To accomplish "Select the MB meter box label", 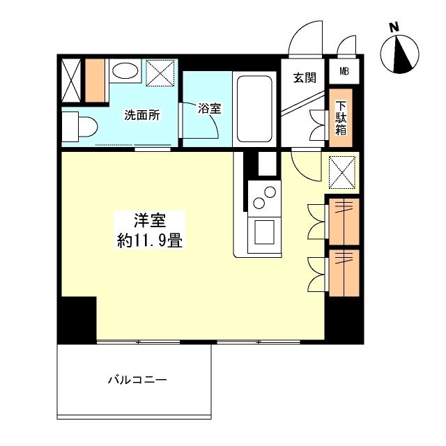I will tap(344, 71).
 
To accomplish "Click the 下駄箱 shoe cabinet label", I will tap(341, 119).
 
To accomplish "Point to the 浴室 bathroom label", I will tap(209, 108).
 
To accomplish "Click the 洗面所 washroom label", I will tap(142, 116).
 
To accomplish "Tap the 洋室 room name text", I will tap(151, 221).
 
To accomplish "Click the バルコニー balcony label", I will tap(137, 380).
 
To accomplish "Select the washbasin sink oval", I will tap(125, 70).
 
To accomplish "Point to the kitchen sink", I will tap(265, 233).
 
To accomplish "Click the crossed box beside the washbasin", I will tap(160, 72).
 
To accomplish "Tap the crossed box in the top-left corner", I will tap(70, 79).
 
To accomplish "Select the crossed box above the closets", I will tap(343, 171).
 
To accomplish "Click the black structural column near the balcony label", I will tap(77, 319).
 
